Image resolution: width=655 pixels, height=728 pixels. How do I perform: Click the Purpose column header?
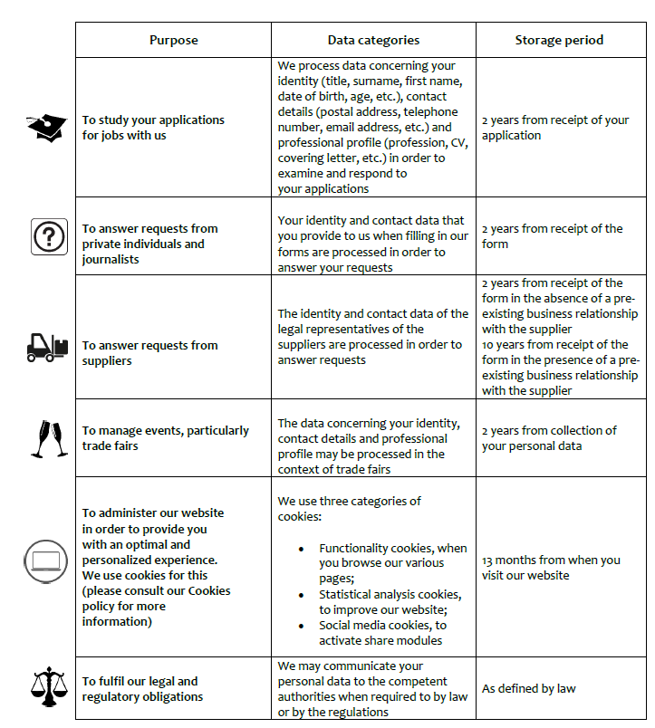173,40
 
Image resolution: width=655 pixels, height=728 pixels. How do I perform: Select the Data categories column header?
373,40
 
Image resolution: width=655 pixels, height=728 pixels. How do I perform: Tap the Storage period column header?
559,40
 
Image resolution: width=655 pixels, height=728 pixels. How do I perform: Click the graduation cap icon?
46,128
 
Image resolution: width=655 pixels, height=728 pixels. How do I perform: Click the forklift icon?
46,345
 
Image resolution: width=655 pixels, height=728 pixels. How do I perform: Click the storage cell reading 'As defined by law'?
529,688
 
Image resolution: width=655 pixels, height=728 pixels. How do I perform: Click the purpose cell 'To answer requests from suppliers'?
149,353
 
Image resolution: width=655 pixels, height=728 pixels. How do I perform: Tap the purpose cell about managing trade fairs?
165,438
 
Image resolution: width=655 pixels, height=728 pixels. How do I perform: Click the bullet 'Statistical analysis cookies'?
390,602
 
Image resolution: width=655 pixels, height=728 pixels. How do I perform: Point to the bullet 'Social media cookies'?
382,633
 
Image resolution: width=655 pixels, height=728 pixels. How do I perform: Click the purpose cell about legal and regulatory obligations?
140,688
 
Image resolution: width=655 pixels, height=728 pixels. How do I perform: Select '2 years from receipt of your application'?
554,128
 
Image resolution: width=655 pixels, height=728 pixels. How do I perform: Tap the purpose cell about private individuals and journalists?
149,244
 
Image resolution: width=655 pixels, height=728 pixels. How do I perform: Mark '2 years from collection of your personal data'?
549,438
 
